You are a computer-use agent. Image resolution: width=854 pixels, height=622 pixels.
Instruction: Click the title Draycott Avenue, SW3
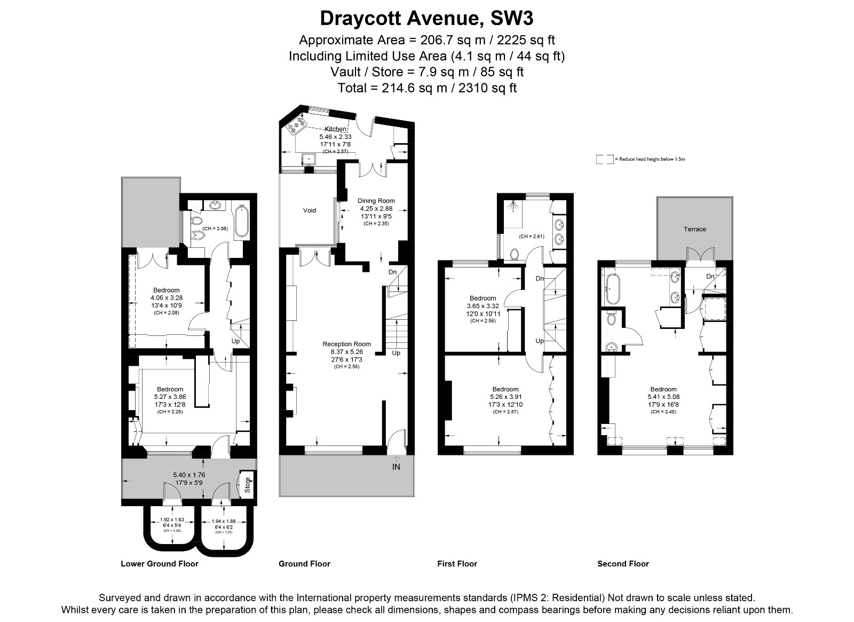pos(426,19)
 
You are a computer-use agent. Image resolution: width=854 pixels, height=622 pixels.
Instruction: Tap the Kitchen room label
pos(336,129)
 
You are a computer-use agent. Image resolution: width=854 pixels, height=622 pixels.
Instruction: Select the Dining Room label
pos(376,201)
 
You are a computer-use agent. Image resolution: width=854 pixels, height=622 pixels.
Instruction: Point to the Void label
pos(310,210)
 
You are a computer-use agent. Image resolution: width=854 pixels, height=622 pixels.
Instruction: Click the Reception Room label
pos(346,344)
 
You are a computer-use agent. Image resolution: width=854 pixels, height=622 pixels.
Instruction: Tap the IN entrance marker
pos(396,467)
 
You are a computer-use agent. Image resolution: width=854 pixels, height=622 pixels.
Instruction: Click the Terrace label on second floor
pos(694,229)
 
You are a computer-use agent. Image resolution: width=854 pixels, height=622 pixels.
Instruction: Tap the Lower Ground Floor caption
pos(160,564)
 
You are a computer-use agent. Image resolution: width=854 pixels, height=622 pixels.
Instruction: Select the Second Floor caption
pos(623,564)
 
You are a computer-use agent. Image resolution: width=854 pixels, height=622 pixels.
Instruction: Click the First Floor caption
pos(457,564)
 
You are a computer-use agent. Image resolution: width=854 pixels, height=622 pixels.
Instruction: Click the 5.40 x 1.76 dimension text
pos(189,475)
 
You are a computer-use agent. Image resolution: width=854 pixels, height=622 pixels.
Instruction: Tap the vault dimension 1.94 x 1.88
pos(224,522)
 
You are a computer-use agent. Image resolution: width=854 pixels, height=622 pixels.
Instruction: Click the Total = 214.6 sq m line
pos(426,88)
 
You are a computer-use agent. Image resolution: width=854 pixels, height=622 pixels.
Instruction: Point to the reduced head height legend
pos(640,159)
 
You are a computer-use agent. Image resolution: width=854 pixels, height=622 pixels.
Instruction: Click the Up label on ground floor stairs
pos(396,353)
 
